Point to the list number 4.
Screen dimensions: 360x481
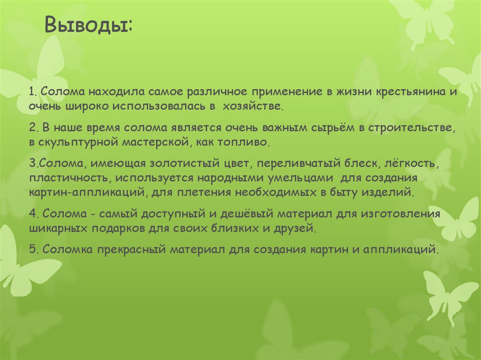pos(32,215)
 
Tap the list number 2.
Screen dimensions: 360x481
pos(32,128)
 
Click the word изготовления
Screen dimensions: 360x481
pos(400,215)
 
